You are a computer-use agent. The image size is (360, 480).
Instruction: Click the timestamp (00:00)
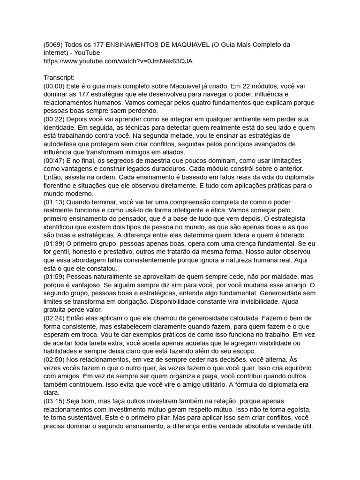54,86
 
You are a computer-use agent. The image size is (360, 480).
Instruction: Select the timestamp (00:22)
54,120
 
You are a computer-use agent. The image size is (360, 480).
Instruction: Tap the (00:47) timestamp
54,161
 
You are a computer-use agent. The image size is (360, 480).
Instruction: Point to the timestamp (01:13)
54,202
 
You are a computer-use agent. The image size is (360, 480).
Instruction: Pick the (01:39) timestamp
54,243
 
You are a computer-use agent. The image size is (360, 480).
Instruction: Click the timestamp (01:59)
54,277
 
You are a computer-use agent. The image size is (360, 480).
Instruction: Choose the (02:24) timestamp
54,318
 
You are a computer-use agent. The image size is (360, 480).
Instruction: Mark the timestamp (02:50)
54,359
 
